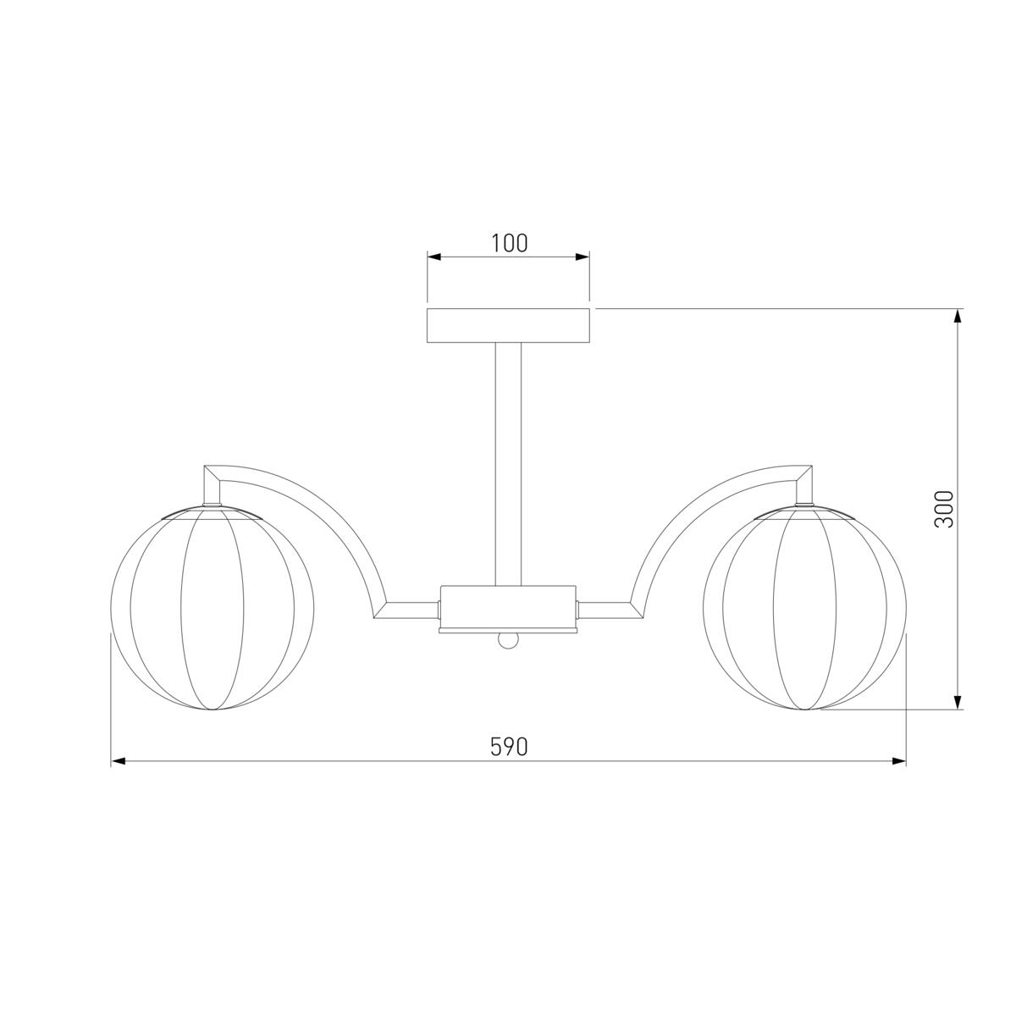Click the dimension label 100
(x=509, y=243)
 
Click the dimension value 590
(x=509, y=747)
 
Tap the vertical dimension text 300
(x=944, y=509)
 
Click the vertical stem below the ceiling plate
(x=508, y=464)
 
